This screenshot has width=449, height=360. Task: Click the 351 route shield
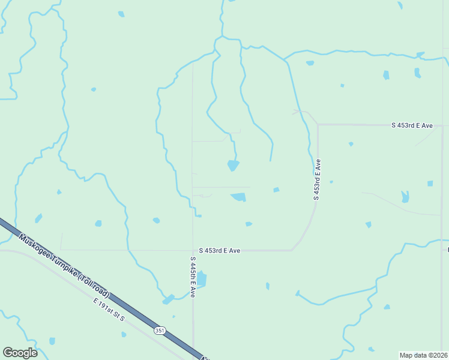159,330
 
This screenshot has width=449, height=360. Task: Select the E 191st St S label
109,308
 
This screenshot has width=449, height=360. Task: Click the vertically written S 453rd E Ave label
317,179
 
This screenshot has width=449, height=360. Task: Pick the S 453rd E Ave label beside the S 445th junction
220,251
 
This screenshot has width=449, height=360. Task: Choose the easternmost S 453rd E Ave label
412,125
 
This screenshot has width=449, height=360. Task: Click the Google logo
20,353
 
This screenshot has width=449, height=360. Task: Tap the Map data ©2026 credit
424,355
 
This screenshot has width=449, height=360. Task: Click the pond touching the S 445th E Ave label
202,279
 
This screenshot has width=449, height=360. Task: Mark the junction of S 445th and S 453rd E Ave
193,250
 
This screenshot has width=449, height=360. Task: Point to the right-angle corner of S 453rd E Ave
318,125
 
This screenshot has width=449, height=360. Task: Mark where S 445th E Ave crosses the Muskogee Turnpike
194,350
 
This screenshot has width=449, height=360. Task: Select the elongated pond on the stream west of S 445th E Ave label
168,299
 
